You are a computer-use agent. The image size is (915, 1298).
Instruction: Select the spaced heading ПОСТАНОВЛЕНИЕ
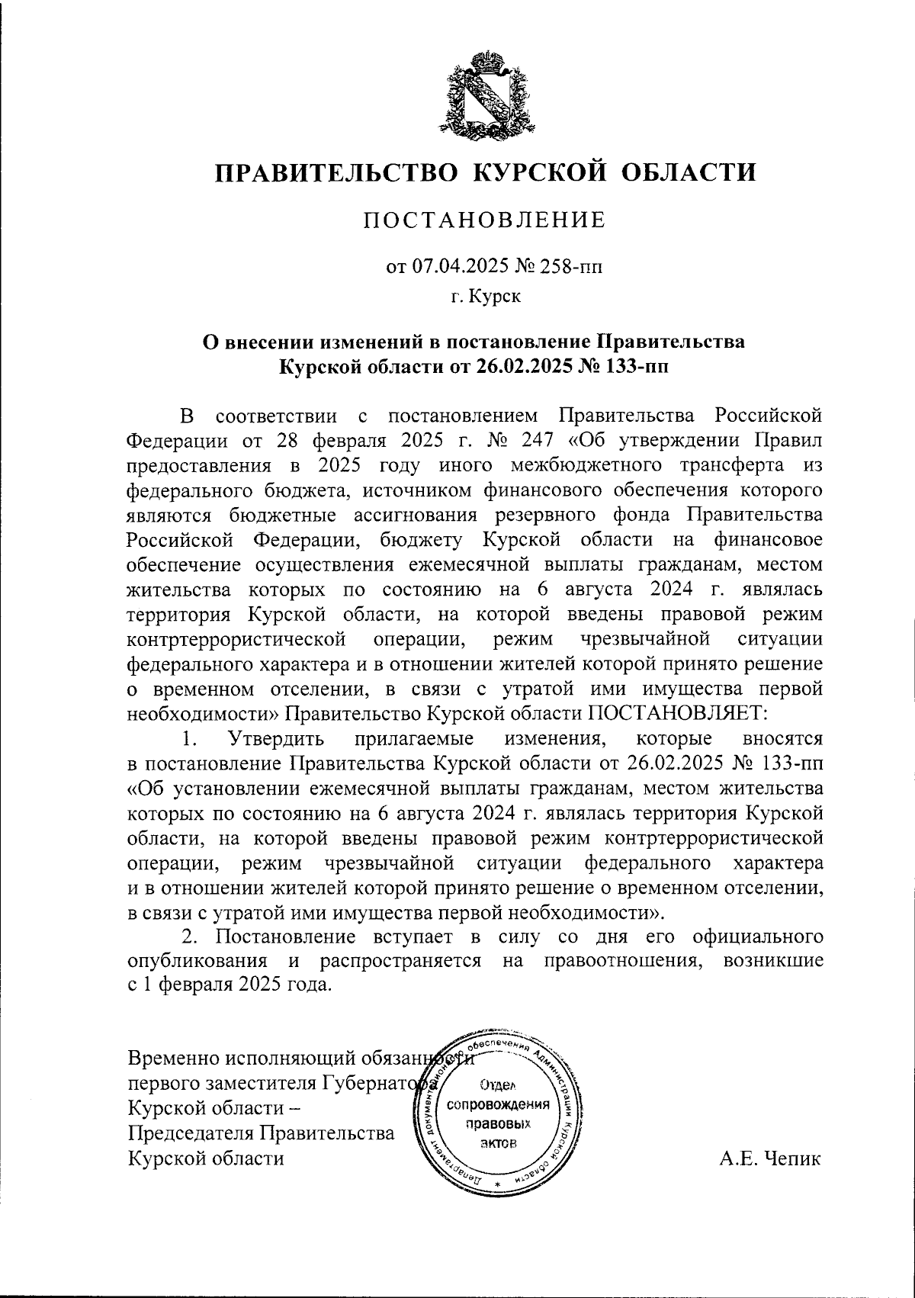[484, 220]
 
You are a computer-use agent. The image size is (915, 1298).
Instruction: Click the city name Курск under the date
[495, 296]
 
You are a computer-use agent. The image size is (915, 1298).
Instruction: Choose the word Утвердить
[276, 739]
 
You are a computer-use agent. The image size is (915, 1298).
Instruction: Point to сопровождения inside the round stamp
[499, 1105]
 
